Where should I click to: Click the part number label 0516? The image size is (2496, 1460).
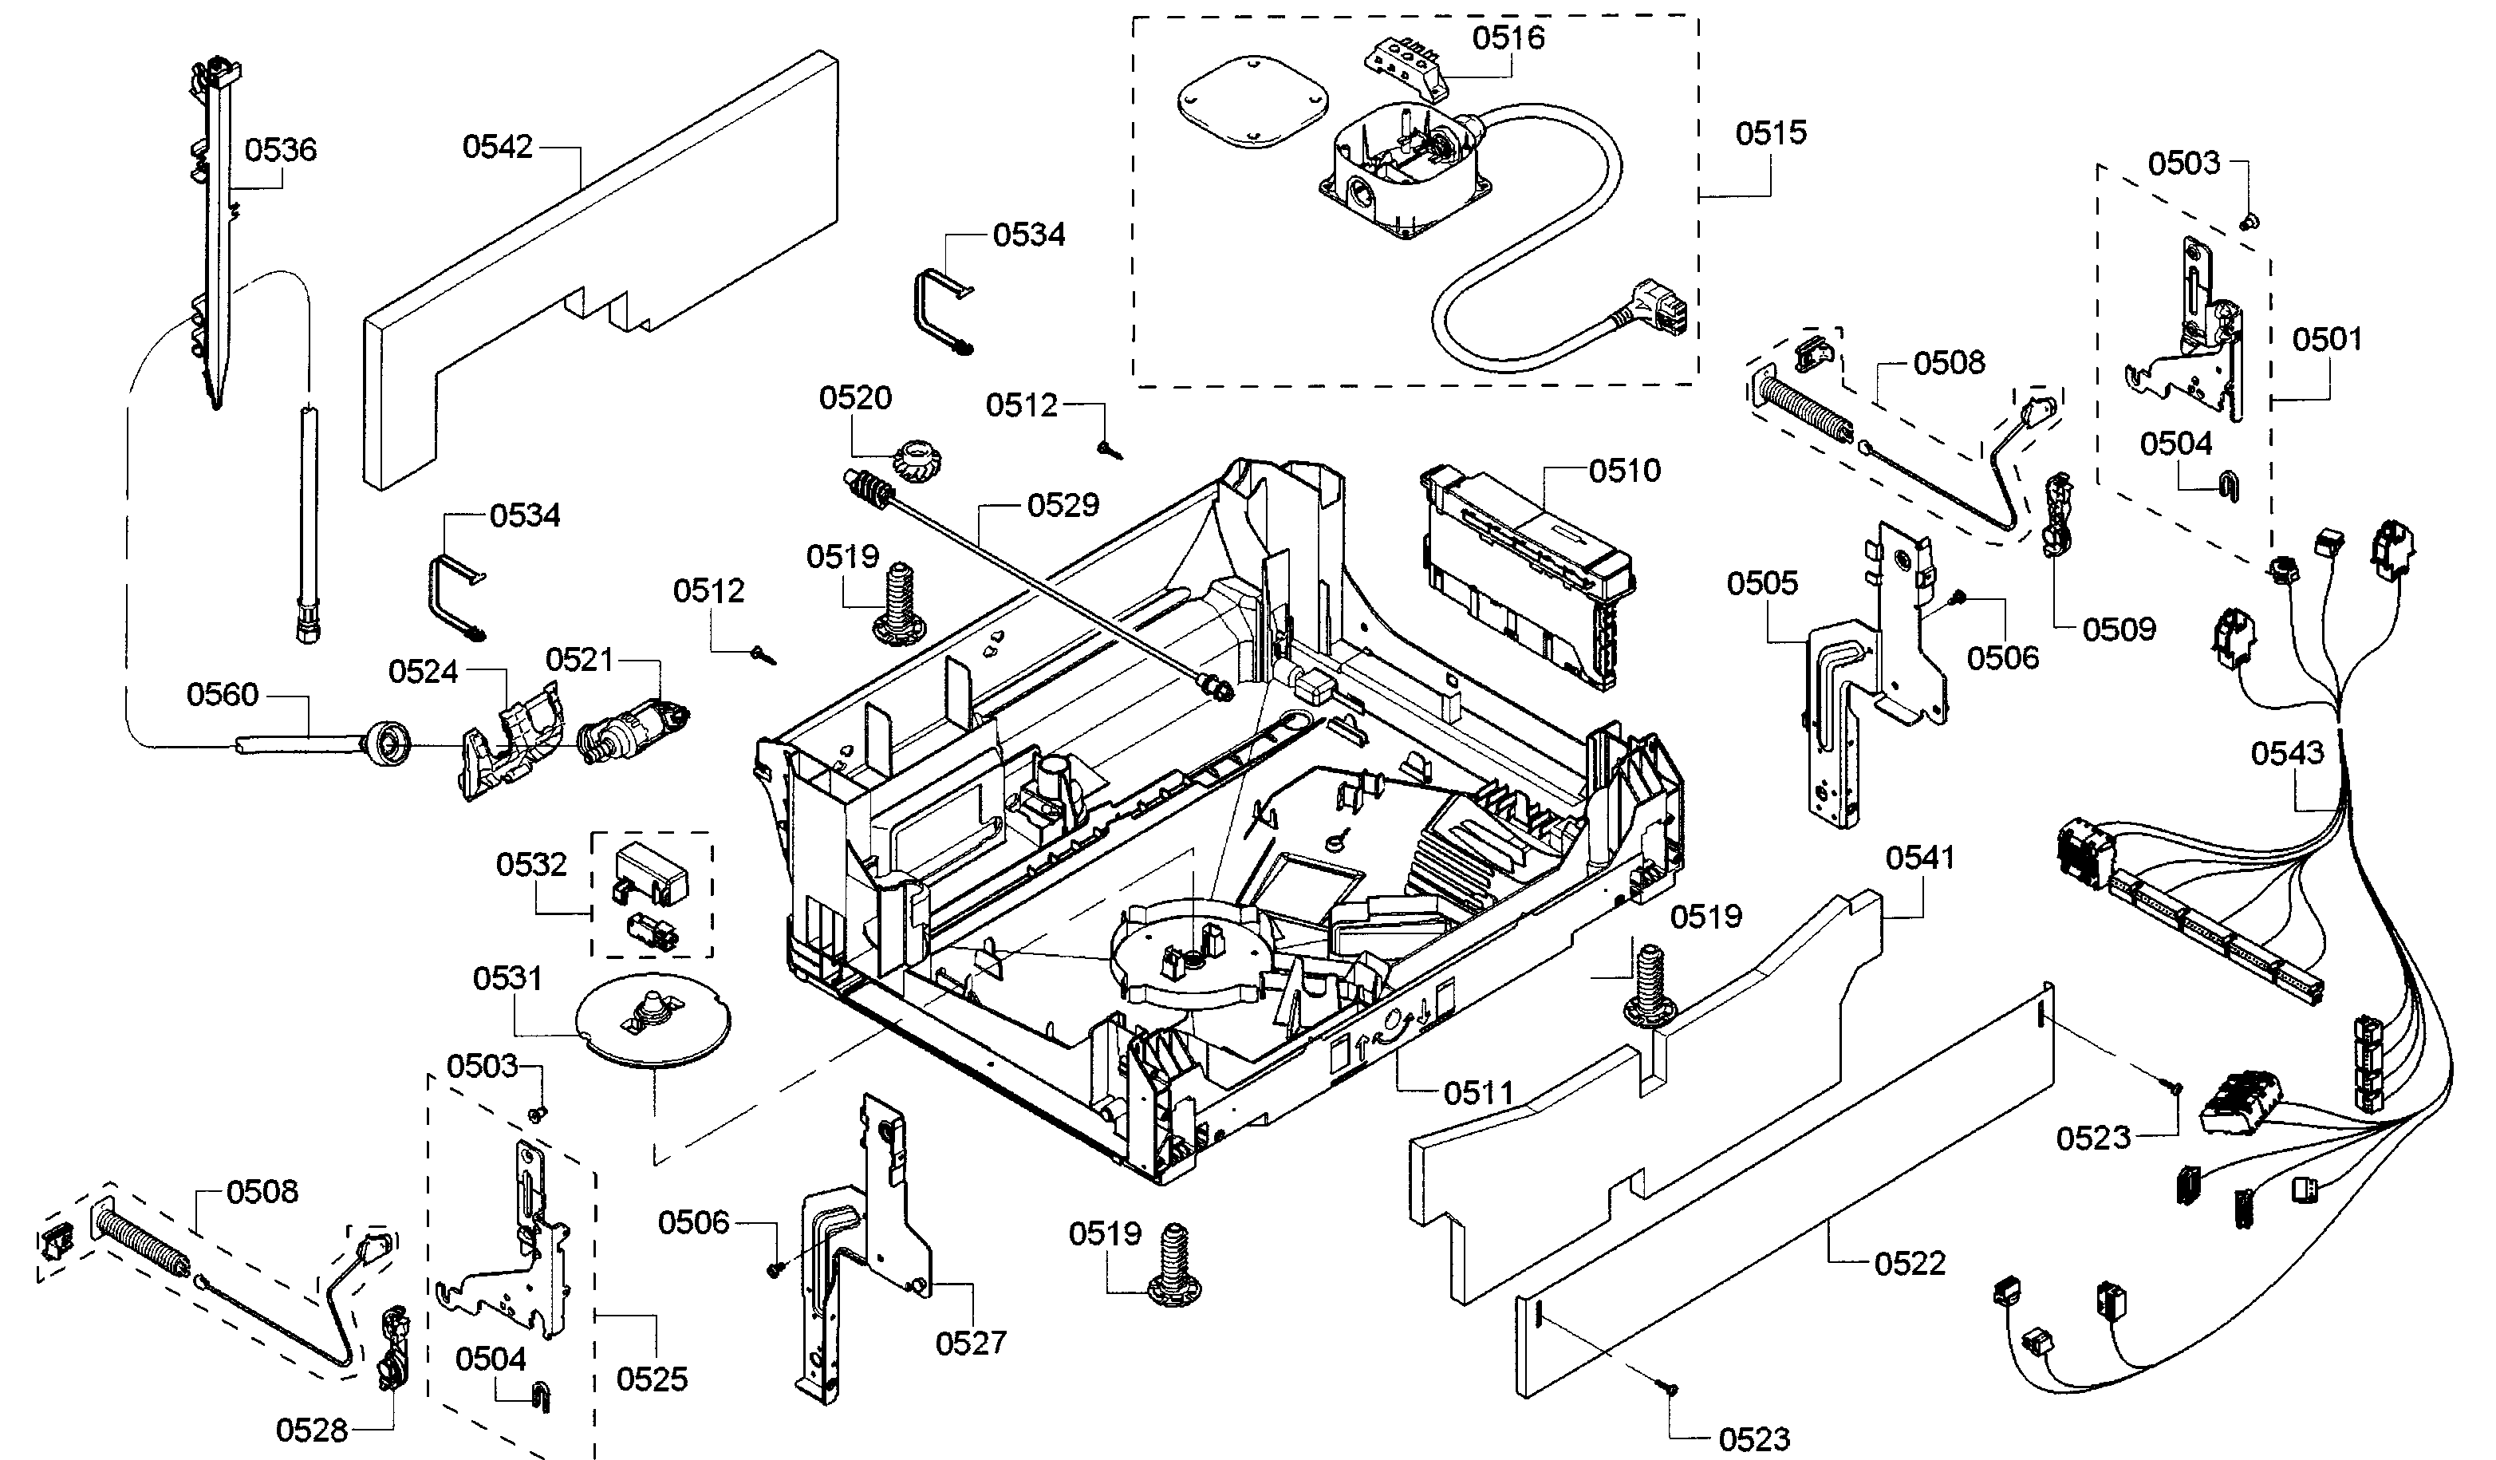[x=1508, y=37]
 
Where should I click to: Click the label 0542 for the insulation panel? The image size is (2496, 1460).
[x=497, y=147]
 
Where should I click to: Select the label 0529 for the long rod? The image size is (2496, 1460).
[x=1063, y=505]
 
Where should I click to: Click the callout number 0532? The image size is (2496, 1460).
[x=531, y=865]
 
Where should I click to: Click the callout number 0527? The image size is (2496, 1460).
[x=971, y=1344]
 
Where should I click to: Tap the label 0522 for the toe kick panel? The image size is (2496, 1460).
[x=1910, y=1264]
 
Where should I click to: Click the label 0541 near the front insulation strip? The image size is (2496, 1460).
[x=1919, y=858]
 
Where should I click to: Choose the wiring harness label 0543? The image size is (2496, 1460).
[x=2287, y=753]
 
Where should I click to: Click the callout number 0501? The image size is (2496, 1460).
[x=2327, y=340]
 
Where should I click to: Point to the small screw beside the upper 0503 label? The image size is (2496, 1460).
[x=2246, y=220]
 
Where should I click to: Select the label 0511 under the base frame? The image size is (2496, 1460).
[x=1479, y=1094]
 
